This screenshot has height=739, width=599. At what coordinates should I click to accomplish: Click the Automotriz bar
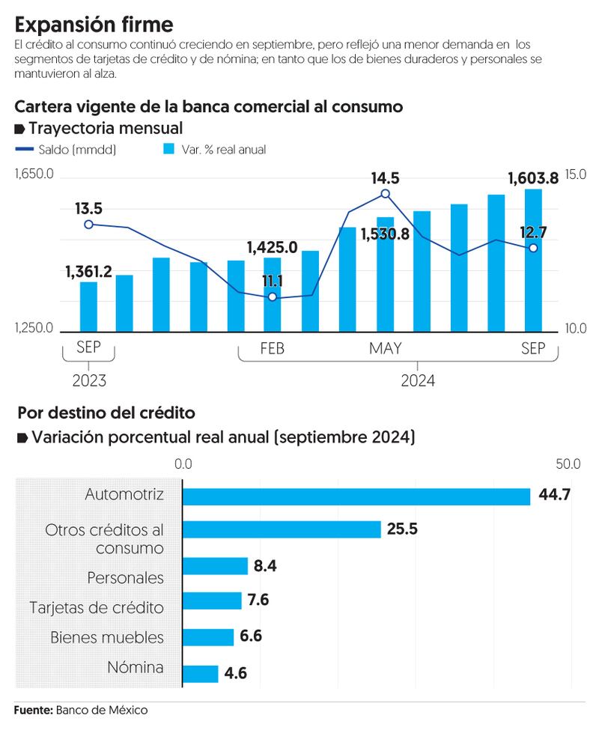click(x=356, y=496)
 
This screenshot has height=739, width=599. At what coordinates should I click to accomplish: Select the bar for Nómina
click(x=201, y=674)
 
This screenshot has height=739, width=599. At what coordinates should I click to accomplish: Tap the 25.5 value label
click(x=402, y=529)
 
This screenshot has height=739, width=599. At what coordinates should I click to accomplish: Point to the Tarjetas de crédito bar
click(x=213, y=600)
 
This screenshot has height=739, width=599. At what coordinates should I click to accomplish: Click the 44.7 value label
click(x=555, y=496)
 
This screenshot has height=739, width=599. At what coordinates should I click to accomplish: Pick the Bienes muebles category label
click(x=107, y=638)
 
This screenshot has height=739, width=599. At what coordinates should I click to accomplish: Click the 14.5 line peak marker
click(x=385, y=194)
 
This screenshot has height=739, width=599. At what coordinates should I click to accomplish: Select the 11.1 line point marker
click(x=272, y=297)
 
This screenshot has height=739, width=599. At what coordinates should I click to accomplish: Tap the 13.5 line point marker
click(x=88, y=224)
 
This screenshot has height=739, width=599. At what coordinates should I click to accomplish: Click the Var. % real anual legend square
click(x=168, y=150)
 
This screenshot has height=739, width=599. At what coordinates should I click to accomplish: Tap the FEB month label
click(x=272, y=349)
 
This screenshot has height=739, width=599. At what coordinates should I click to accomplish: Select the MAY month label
click(x=385, y=349)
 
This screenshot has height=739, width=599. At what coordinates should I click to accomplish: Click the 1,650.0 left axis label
click(x=34, y=174)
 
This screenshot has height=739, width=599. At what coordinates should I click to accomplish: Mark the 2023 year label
click(x=89, y=380)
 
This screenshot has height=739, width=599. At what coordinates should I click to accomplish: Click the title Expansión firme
click(x=94, y=25)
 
